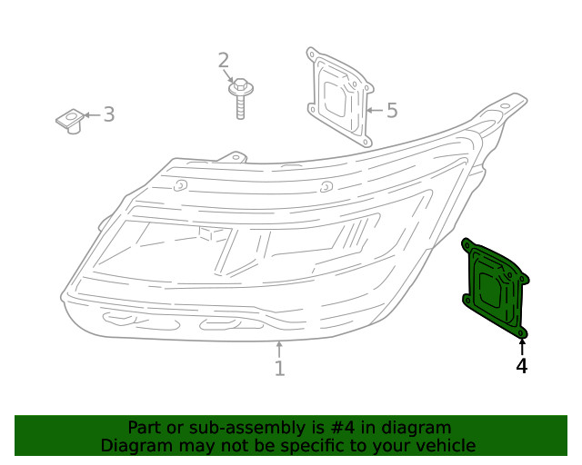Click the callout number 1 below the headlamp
(279, 369)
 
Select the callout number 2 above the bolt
(224, 61)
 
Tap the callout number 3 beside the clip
(108, 114)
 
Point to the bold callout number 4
(522, 366)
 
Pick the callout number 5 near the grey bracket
(392, 111)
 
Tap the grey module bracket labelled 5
(340, 97)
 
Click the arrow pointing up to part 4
(522, 347)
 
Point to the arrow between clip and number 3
(89, 115)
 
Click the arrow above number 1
(279, 350)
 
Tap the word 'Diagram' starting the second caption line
(134, 446)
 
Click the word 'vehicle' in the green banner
(445, 446)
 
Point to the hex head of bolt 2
(241, 86)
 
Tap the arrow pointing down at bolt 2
(231, 76)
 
